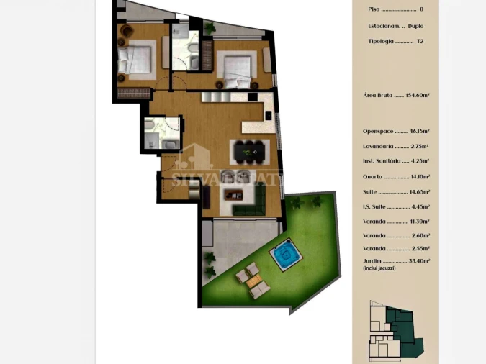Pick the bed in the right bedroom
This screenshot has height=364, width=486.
click(x=235, y=66)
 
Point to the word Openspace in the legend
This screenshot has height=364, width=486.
click(x=379, y=132)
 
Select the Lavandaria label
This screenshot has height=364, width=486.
click(x=379, y=146)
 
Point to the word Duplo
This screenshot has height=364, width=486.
click(x=415, y=26)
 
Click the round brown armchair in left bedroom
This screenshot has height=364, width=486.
click(x=125, y=30)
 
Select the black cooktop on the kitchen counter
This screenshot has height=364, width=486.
click(x=253, y=96)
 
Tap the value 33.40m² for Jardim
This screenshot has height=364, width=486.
click(x=418, y=261)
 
